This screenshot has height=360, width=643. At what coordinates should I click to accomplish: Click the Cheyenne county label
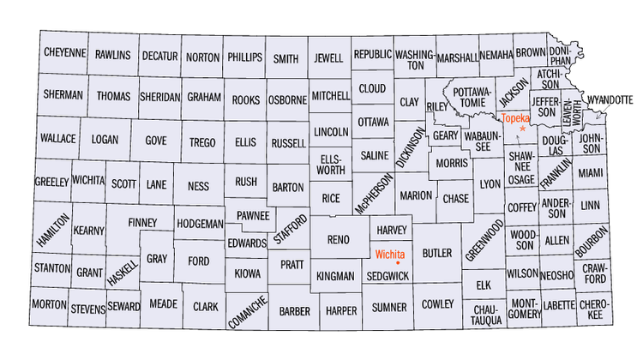click(64, 53)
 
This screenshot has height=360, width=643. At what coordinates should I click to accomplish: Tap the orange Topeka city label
click(515, 117)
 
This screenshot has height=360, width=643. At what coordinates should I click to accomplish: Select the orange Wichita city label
click(390, 254)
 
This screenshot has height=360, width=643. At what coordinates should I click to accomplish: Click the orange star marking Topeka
click(522, 128)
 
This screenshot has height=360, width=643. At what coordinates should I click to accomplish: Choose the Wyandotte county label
click(610, 100)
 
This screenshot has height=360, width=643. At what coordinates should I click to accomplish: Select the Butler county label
click(436, 254)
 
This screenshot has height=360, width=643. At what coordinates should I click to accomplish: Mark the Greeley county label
click(51, 183)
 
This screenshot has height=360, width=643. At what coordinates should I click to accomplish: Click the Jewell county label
click(328, 58)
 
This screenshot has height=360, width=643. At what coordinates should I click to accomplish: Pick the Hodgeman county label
click(199, 223)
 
